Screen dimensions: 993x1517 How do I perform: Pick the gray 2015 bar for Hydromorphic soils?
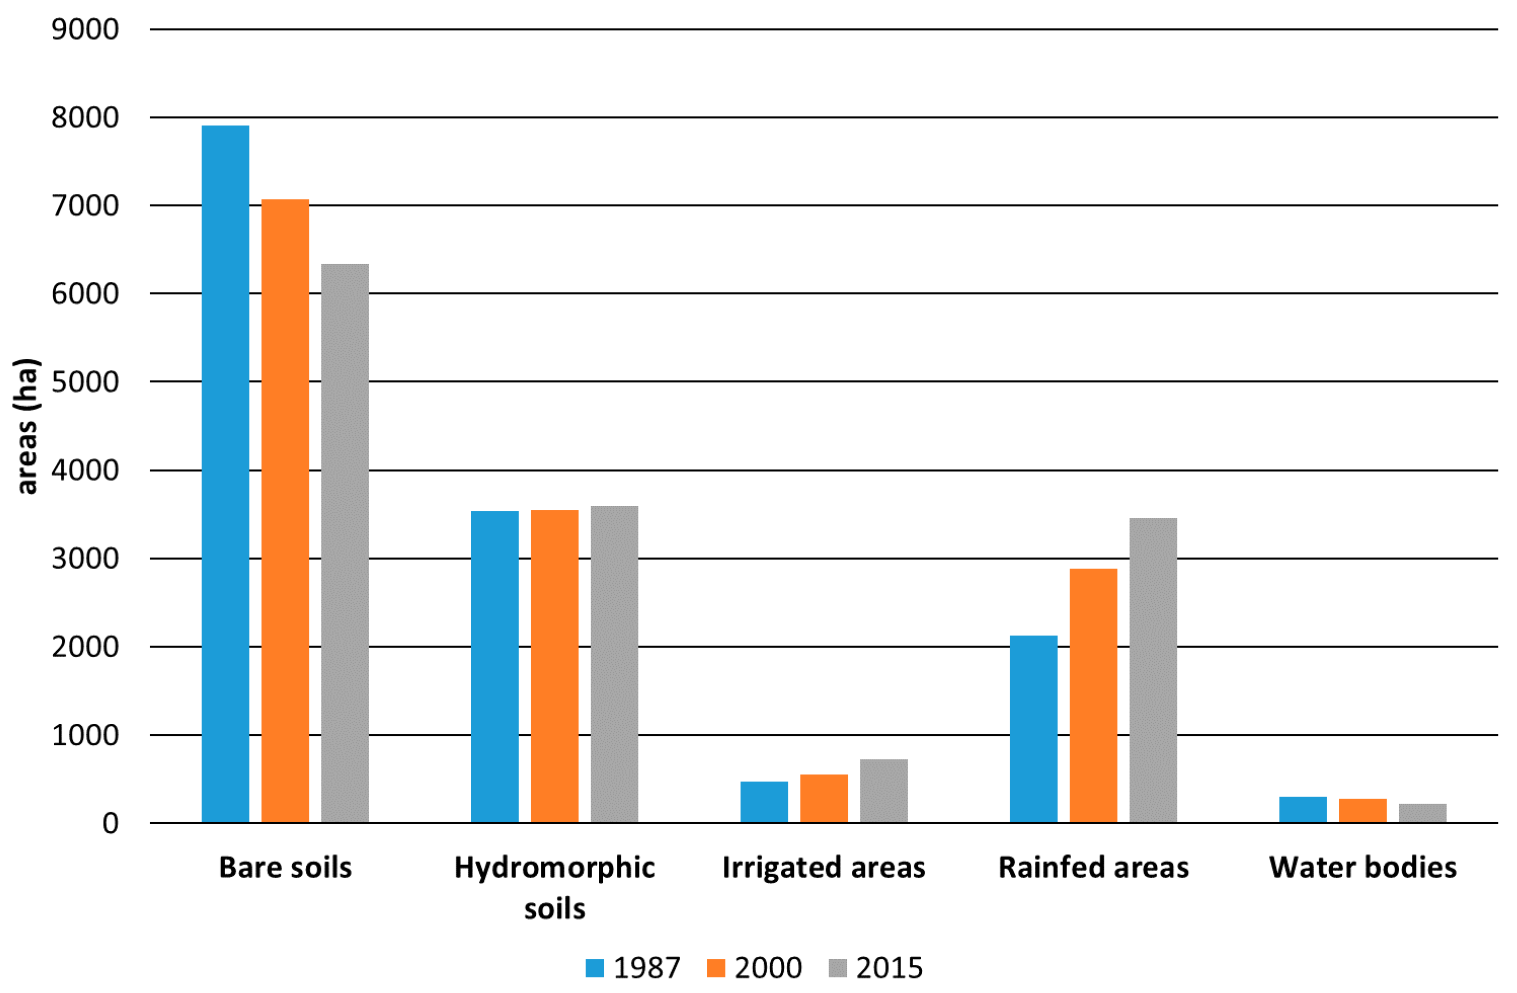click(x=614, y=664)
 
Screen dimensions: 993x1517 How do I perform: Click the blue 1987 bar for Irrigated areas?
click(x=764, y=801)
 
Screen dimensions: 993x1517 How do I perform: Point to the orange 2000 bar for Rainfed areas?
click(x=1093, y=695)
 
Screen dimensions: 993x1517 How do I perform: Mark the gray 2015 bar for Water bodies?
click(x=1423, y=813)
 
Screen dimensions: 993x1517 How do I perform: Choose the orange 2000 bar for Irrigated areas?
click(x=823, y=798)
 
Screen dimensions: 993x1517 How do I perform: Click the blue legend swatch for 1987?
click(x=594, y=967)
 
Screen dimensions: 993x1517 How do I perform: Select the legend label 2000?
click(x=768, y=967)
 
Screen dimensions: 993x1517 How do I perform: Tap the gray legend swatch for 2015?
click(x=837, y=967)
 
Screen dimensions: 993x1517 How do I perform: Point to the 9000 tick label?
click(x=85, y=29)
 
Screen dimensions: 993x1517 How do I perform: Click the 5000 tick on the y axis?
click(x=85, y=382)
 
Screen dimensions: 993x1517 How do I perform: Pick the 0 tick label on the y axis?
click(x=111, y=823)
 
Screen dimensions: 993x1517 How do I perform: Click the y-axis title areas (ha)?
click(x=27, y=426)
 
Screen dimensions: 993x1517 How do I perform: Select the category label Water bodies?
click(x=1363, y=867)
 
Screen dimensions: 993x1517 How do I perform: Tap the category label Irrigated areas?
click(x=823, y=867)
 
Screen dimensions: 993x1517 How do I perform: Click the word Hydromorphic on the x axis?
click(x=555, y=867)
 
